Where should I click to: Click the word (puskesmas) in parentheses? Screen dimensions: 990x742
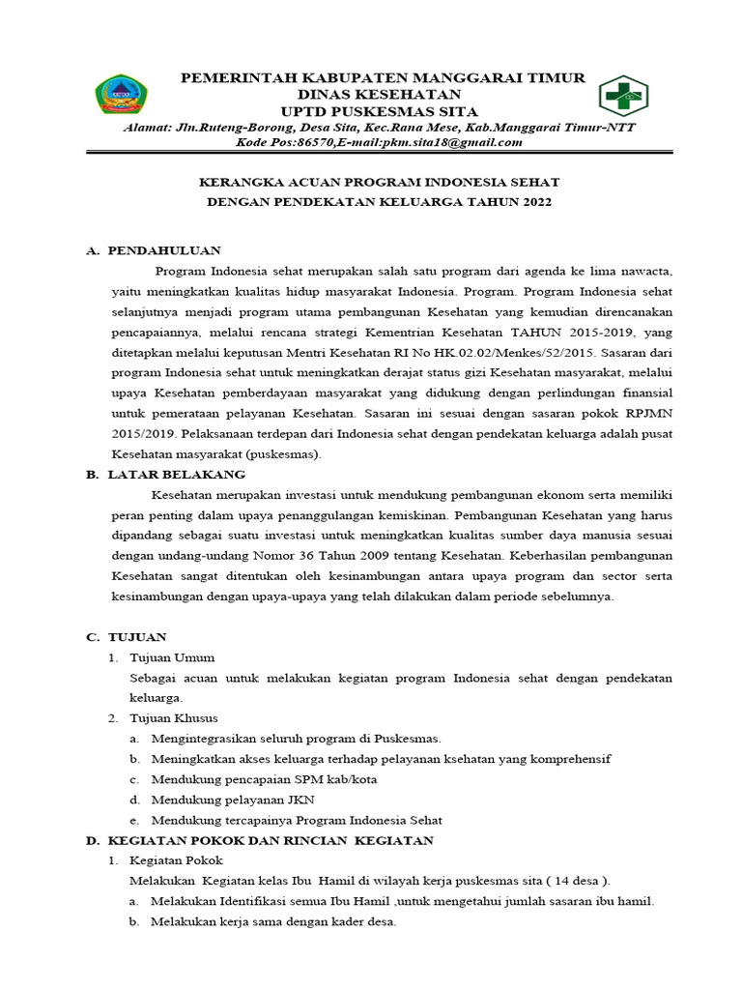tap(284, 453)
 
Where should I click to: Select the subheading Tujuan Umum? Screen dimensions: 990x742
tap(172, 657)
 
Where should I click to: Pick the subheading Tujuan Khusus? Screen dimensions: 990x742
tap(174, 717)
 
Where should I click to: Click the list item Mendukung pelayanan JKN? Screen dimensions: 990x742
tap(233, 800)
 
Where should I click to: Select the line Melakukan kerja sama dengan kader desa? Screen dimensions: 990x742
tap(273, 921)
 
